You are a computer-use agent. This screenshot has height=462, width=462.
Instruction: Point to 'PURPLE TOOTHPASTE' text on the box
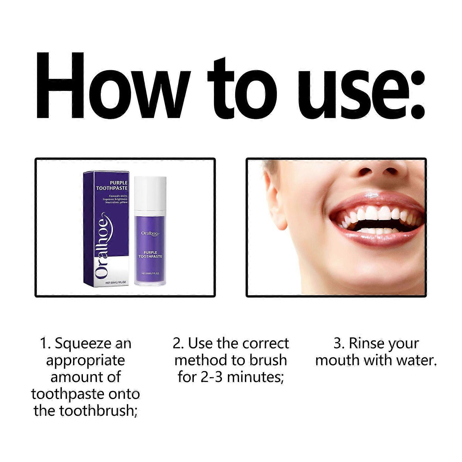(112, 185)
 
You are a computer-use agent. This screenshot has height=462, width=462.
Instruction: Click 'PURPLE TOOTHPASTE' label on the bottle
(150, 254)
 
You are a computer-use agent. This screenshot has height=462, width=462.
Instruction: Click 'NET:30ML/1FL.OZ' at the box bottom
(116, 283)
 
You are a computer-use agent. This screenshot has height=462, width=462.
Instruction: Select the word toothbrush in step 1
(97, 411)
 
